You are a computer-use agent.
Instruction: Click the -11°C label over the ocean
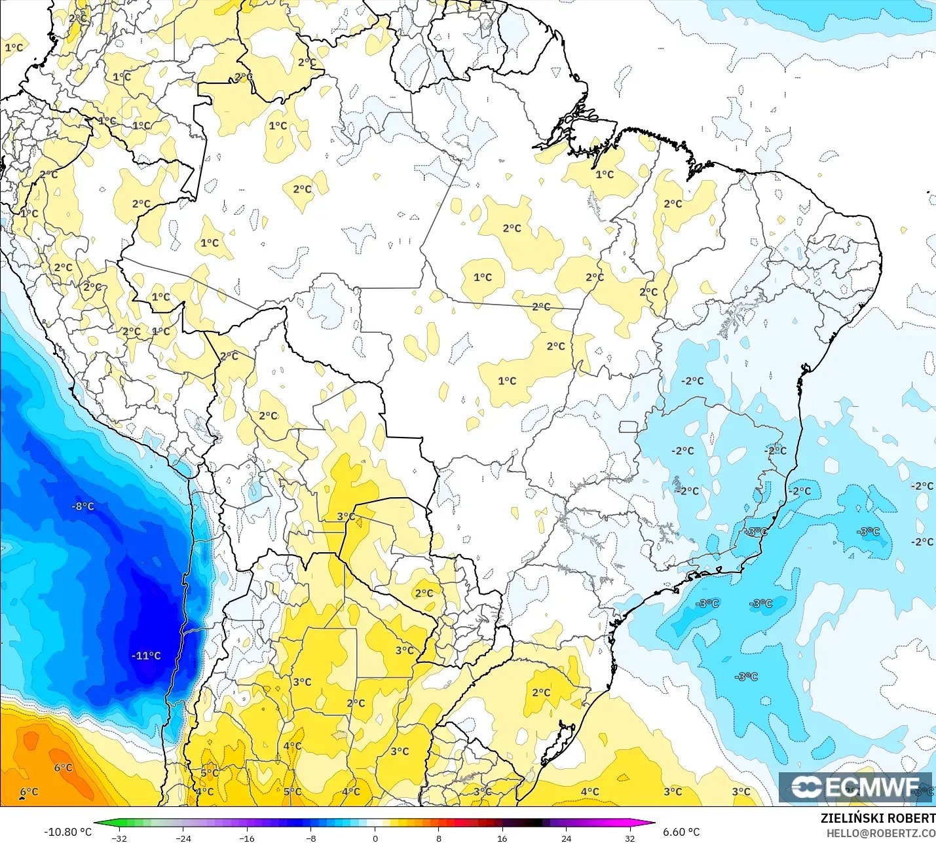pyautogui.click(x=146, y=656)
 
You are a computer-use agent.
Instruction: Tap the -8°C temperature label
pyautogui.click(x=83, y=506)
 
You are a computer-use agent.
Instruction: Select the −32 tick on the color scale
pyautogui.click(x=119, y=838)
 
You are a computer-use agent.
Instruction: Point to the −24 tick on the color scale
pyautogui.click(x=183, y=838)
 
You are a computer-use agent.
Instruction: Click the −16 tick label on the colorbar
pyautogui.click(x=247, y=838)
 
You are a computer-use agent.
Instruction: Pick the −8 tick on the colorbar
pyautogui.click(x=311, y=838)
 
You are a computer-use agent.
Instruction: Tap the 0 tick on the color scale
pyautogui.click(x=375, y=838)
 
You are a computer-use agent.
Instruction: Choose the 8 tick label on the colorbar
pyautogui.click(x=439, y=838)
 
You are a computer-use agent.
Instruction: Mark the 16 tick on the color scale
pyautogui.click(x=502, y=838)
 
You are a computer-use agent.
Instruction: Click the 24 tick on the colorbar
pyautogui.click(x=567, y=838)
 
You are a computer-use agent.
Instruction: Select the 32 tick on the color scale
pyautogui.click(x=630, y=838)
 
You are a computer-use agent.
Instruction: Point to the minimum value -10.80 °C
pyautogui.click(x=68, y=832)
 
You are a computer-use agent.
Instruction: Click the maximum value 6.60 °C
pyautogui.click(x=681, y=832)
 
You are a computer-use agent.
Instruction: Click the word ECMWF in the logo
pyautogui.click(x=872, y=787)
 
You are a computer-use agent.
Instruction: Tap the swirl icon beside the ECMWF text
pyautogui.click(x=806, y=787)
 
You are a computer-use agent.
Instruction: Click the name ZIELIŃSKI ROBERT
pyautogui.click(x=878, y=818)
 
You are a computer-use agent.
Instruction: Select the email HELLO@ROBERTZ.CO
pyautogui.click(x=880, y=833)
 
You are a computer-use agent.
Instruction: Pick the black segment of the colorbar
pyautogui.click(x=534, y=823)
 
